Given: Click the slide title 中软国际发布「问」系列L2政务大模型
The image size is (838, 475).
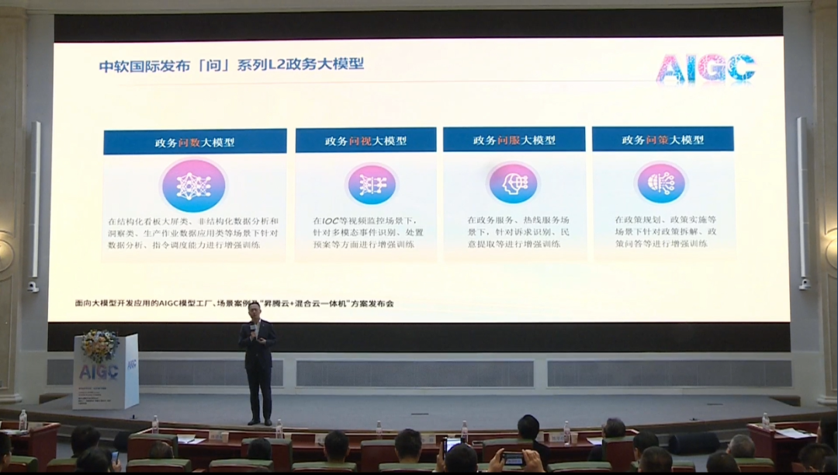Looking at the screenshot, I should click(x=231, y=64).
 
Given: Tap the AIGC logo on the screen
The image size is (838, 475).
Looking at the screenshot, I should click(x=705, y=68).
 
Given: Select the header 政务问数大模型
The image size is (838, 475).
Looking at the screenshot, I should click(x=195, y=143).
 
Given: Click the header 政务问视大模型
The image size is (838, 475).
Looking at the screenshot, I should click(x=365, y=141).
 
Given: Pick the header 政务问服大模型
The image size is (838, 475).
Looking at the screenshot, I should click(x=514, y=140).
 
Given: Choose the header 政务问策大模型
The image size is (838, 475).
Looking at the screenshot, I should click(x=663, y=140).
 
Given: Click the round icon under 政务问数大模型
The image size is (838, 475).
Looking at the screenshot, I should click(x=193, y=185).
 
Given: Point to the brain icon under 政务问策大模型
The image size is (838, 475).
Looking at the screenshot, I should click(x=661, y=183).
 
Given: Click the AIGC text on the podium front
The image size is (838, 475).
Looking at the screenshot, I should click(x=99, y=372).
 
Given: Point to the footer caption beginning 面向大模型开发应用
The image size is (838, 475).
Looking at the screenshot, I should click(x=234, y=303).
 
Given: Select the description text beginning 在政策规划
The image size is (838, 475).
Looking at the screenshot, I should click(x=665, y=231).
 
